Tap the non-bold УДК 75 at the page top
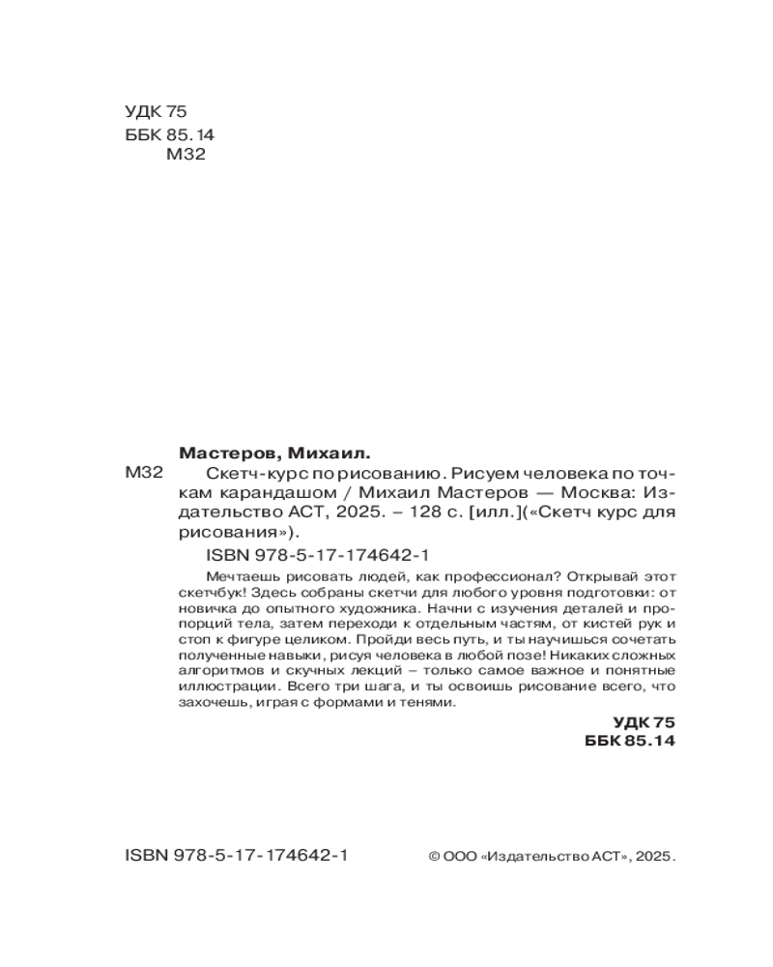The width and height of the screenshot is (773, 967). (155, 112)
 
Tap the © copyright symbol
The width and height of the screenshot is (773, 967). (434, 857)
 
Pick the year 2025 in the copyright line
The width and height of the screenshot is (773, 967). (652, 857)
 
